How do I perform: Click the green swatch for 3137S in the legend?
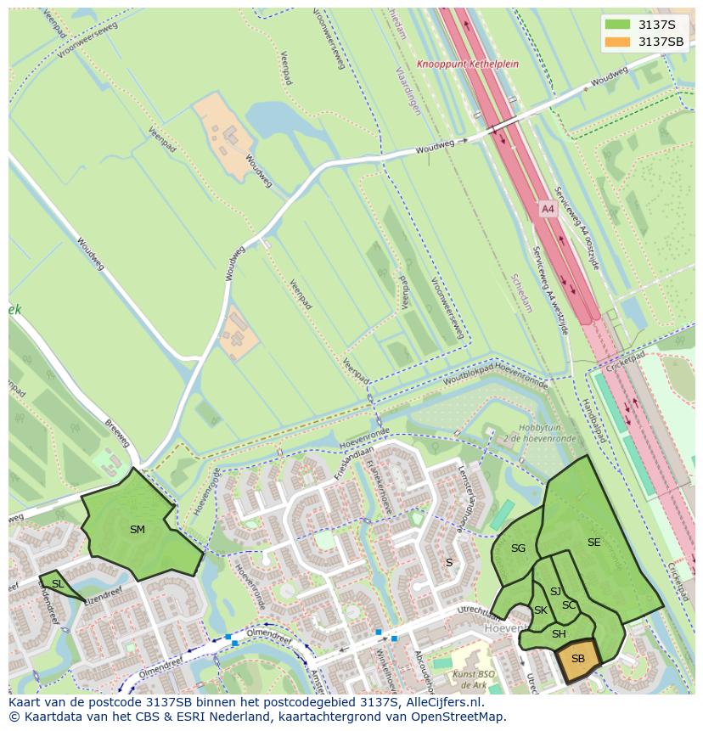coord(618,25)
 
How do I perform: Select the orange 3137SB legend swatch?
coord(618,42)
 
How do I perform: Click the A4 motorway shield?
coord(548,208)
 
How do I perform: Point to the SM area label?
coord(138,530)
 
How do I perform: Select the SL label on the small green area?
coord(58,584)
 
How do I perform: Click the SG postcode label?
coord(518,548)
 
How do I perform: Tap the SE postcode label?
coord(593,543)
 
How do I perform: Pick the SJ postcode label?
coord(555,592)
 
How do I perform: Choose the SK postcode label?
coord(540,610)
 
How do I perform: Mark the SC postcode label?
coord(568,605)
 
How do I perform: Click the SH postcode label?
coord(559,634)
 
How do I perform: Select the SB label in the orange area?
coord(577,659)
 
